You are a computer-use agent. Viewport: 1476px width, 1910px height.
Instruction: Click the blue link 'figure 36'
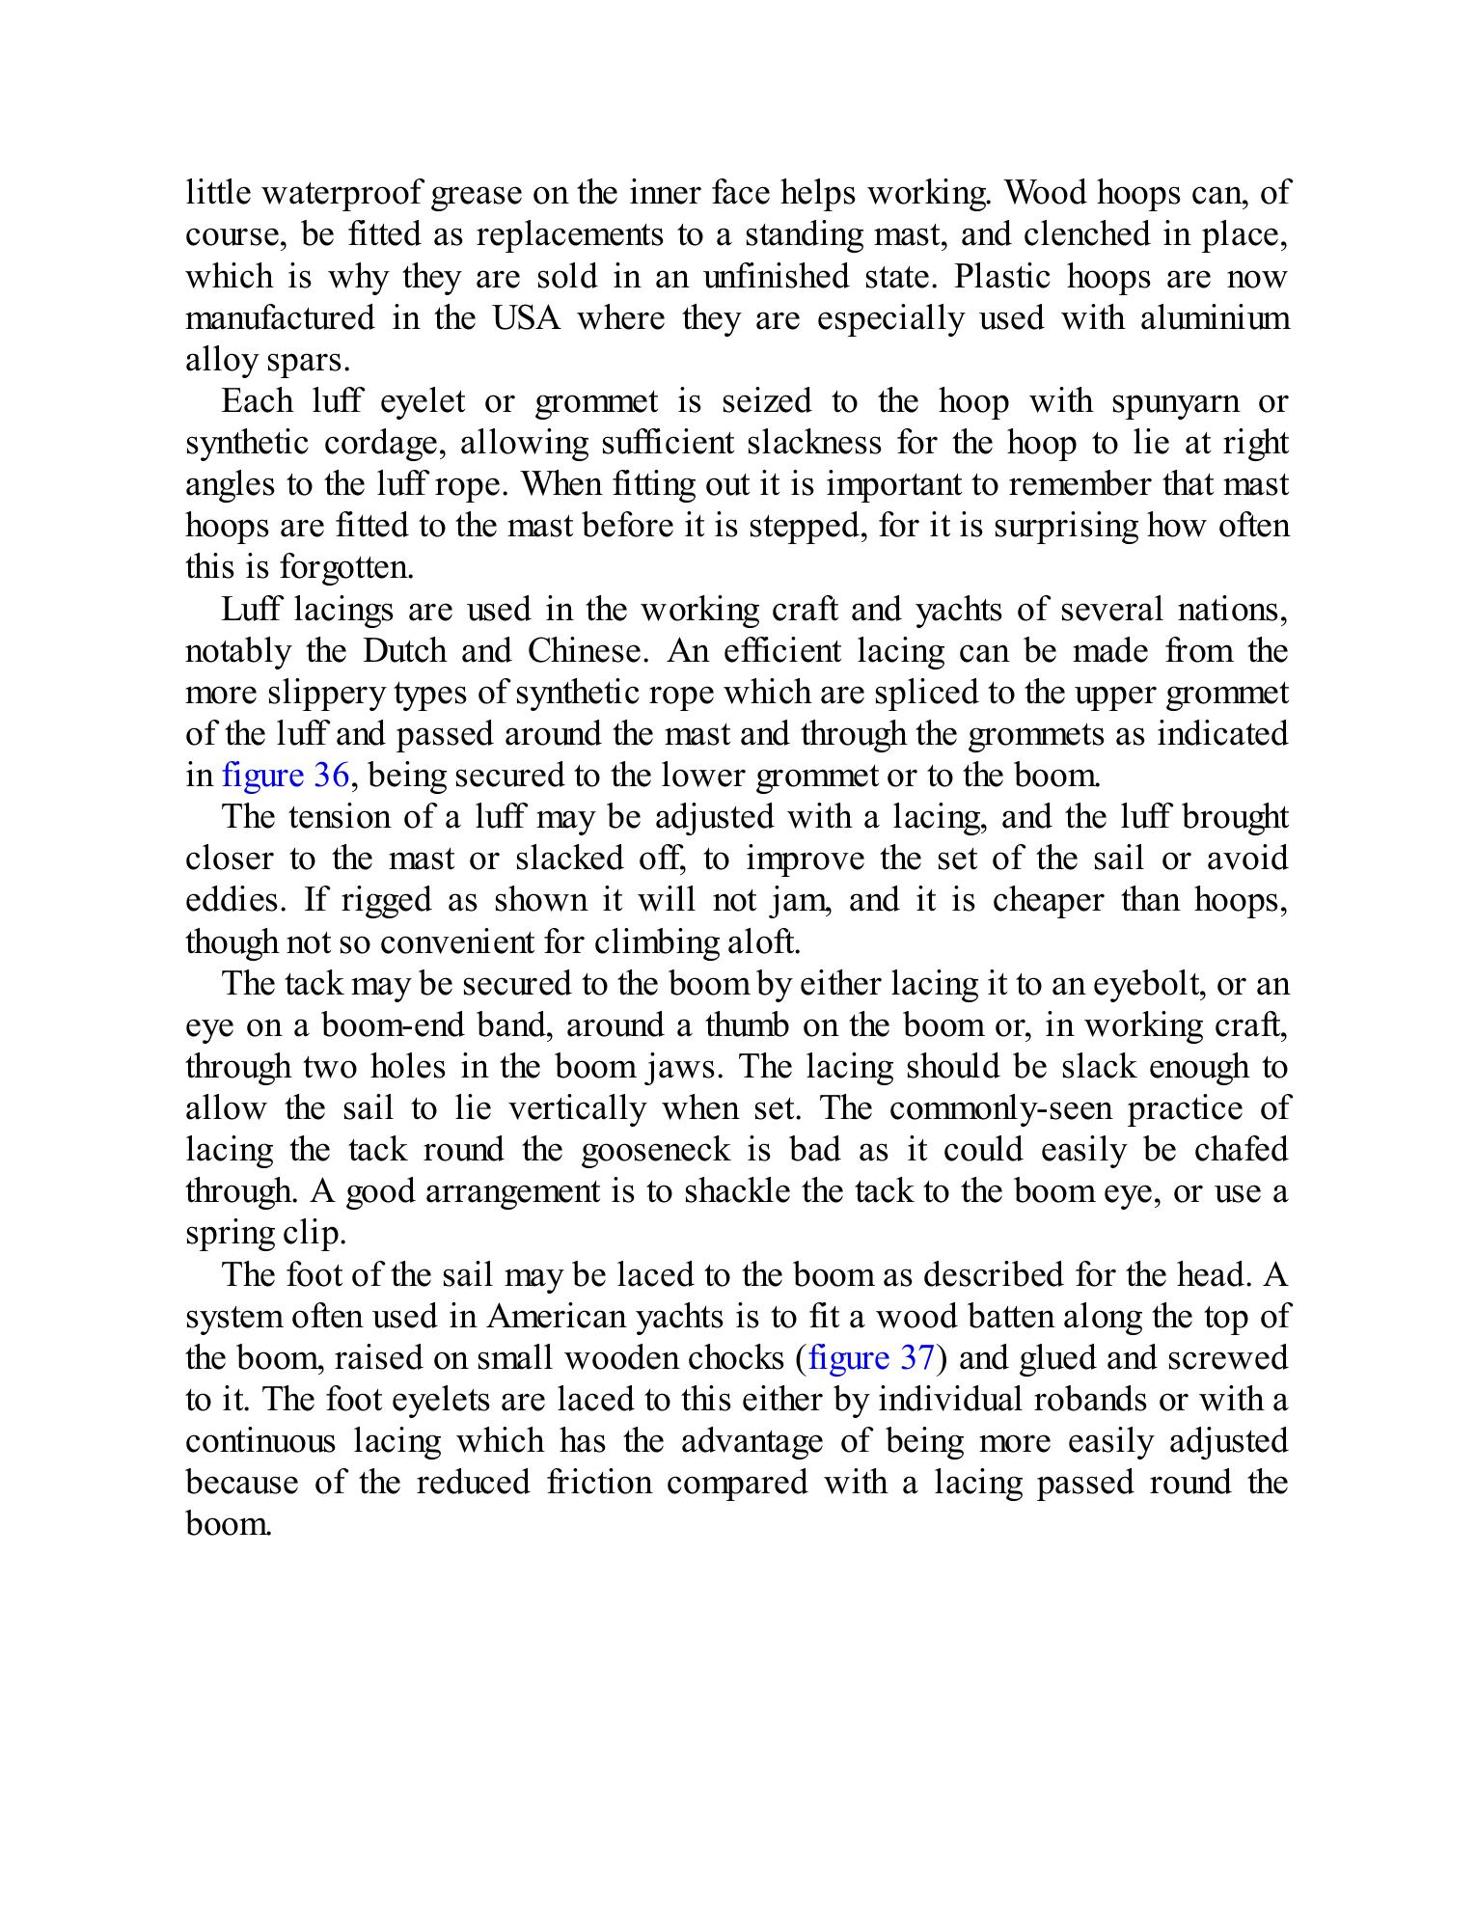point(285,776)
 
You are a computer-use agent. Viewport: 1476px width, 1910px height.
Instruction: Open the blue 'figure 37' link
point(871,1357)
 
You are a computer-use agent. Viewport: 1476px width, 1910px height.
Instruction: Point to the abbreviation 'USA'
point(526,318)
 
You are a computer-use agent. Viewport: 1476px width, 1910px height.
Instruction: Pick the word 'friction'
point(599,1482)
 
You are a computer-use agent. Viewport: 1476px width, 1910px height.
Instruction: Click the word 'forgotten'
point(324,567)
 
